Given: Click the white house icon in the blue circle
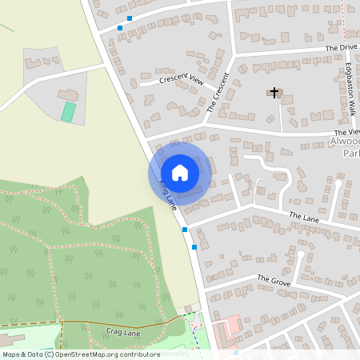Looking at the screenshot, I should (x=180, y=172).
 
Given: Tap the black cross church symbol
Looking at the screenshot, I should (x=274, y=93).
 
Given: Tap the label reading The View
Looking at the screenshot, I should (x=346, y=133).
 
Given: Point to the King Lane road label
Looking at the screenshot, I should (x=168, y=195).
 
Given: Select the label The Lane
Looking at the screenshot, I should (x=304, y=216).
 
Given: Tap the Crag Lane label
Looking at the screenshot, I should (x=122, y=330).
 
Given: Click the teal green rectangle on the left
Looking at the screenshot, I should (x=69, y=111).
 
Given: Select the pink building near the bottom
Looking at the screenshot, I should (x=229, y=326).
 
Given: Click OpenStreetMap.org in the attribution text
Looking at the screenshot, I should (x=90, y=354).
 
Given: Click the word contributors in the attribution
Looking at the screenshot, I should (x=138, y=354).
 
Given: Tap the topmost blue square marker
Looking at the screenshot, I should (x=129, y=18).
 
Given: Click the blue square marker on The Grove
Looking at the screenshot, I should (x=194, y=247).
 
